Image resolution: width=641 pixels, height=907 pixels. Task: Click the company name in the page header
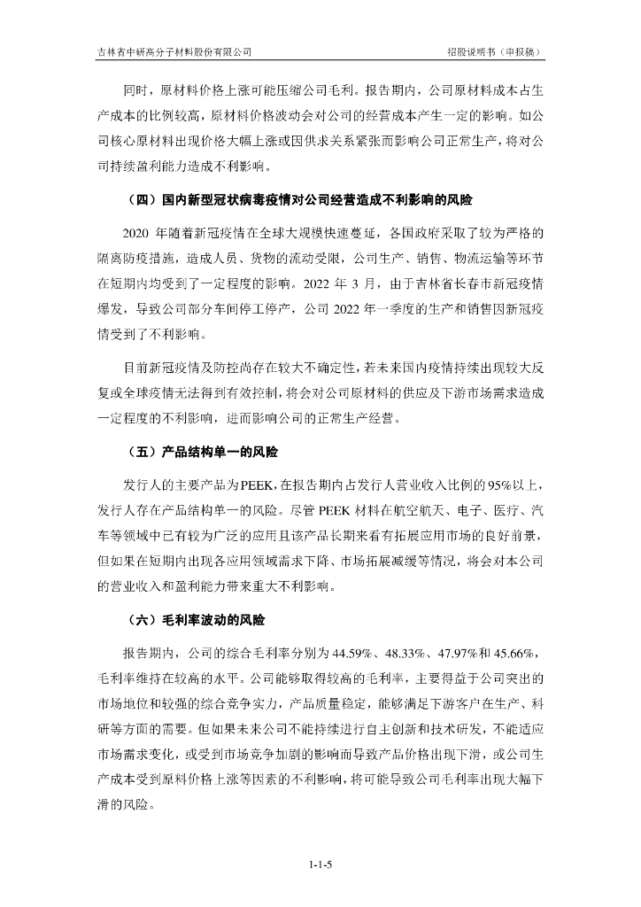click(174, 51)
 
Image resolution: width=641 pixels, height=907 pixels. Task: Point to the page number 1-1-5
click(320, 862)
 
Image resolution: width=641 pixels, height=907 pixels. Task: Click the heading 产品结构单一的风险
click(220, 453)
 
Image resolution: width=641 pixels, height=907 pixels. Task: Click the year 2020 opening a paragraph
click(137, 234)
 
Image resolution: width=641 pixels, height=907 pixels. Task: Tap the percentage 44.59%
click(351, 654)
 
